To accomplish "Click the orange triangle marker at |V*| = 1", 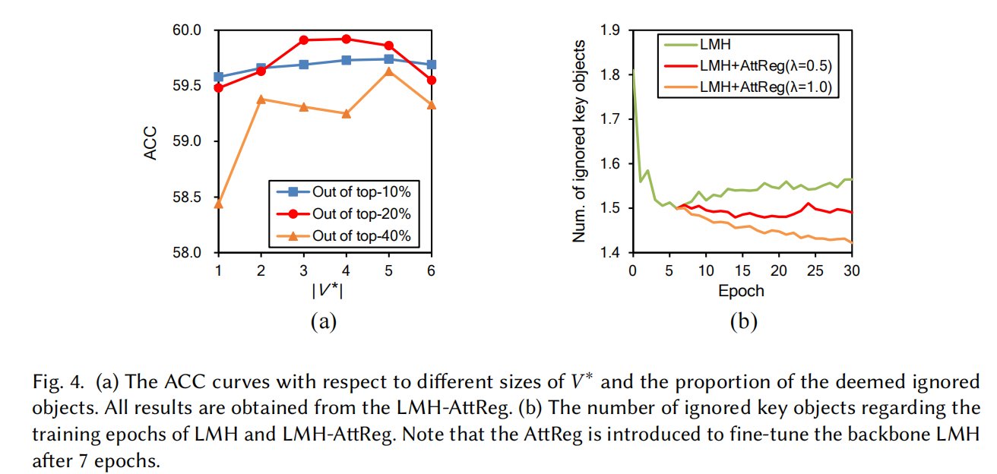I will coord(219,203).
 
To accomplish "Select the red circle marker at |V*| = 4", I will coord(347,39).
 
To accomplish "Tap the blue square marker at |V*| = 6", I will coord(432,65).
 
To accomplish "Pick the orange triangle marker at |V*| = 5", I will coord(389,71).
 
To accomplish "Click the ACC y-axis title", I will coord(151,141).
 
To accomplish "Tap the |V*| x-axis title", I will coord(325,291).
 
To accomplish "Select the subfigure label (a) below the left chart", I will coord(323,322).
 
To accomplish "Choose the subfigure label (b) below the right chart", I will coord(743,322).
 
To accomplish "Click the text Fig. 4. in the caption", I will coord(55,381).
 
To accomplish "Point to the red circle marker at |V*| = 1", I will coord(219,88).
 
